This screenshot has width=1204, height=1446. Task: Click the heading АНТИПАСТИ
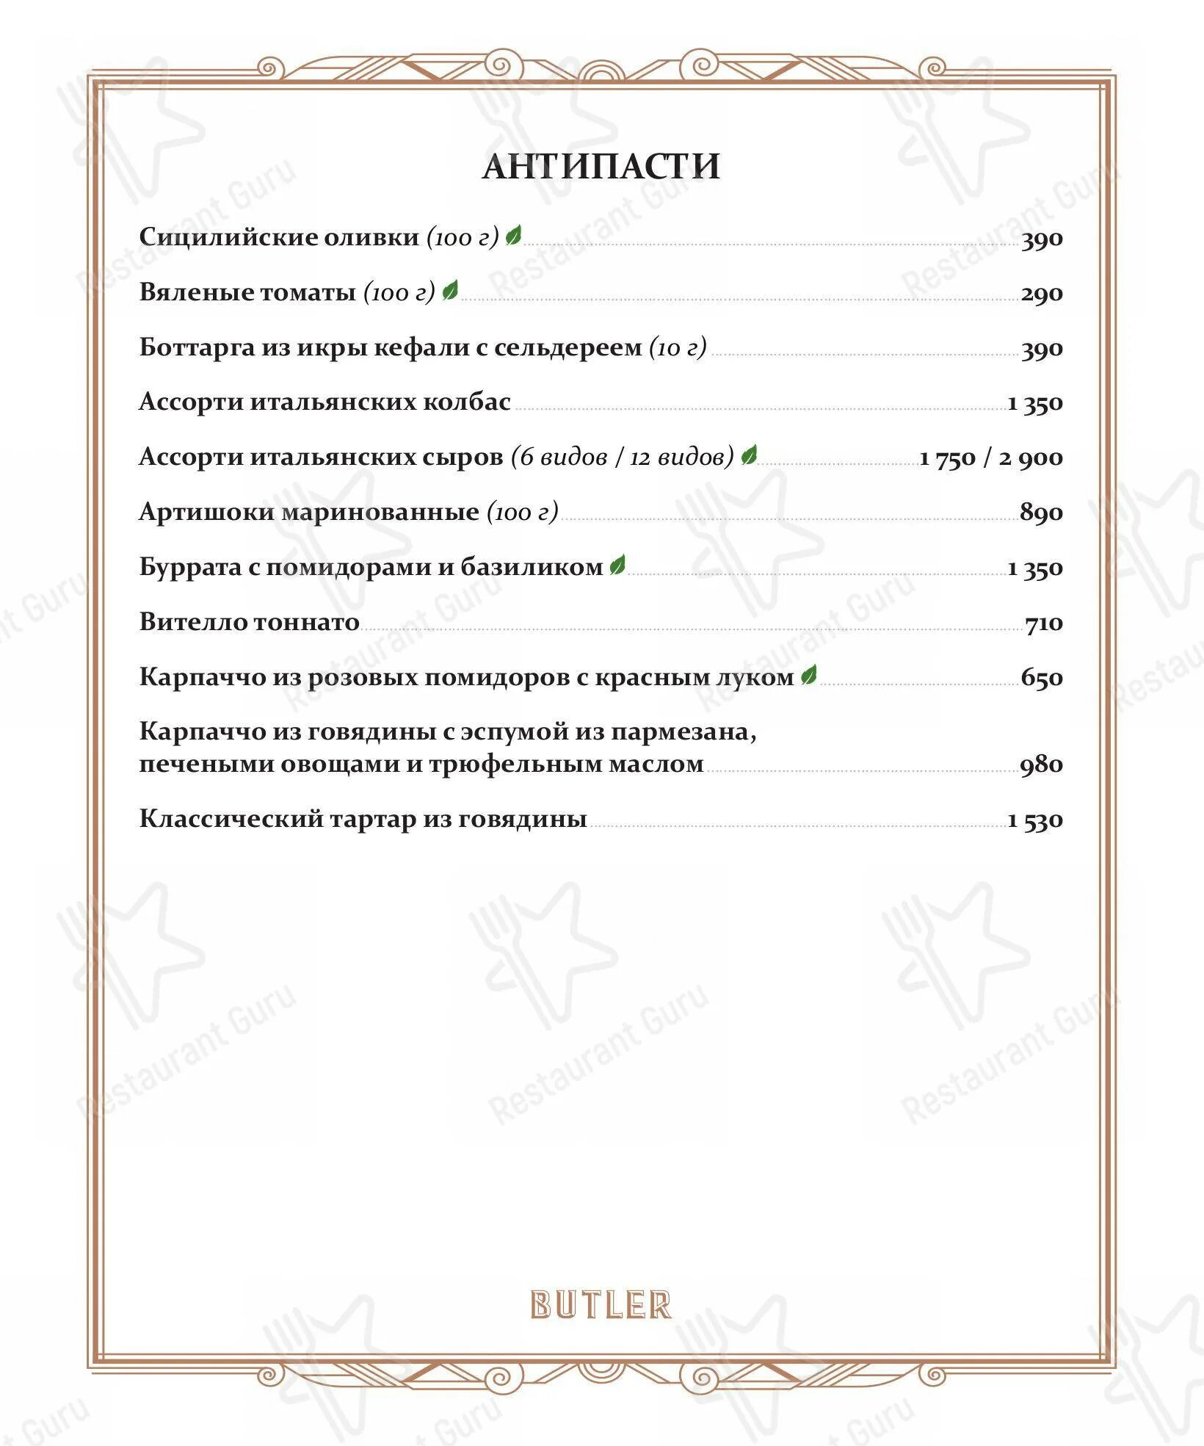pos(601,167)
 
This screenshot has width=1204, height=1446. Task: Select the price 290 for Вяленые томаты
pos(1042,294)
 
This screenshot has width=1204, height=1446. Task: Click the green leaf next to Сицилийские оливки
pos(514,236)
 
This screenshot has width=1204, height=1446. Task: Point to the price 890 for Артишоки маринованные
pos(1041,513)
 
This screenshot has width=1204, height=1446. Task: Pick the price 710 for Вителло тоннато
pos(1044,623)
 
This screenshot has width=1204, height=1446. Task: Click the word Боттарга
pos(197,347)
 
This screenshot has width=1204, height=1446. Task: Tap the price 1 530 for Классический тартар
pos(1035,820)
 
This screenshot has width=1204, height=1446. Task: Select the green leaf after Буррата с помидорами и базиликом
pos(617,565)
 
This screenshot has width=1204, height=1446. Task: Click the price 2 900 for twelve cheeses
pos(1030,458)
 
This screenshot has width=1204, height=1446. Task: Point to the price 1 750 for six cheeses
pos(948,458)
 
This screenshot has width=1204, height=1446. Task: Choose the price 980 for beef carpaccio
pos(1041,765)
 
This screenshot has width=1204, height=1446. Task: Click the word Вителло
pos(193,623)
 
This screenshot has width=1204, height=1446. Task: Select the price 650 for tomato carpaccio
pos(1042,678)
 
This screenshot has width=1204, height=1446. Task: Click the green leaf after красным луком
pos(809,676)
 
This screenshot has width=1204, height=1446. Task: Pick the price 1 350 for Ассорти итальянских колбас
pos(1035,403)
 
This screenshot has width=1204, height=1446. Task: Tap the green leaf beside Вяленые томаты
pos(450,291)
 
